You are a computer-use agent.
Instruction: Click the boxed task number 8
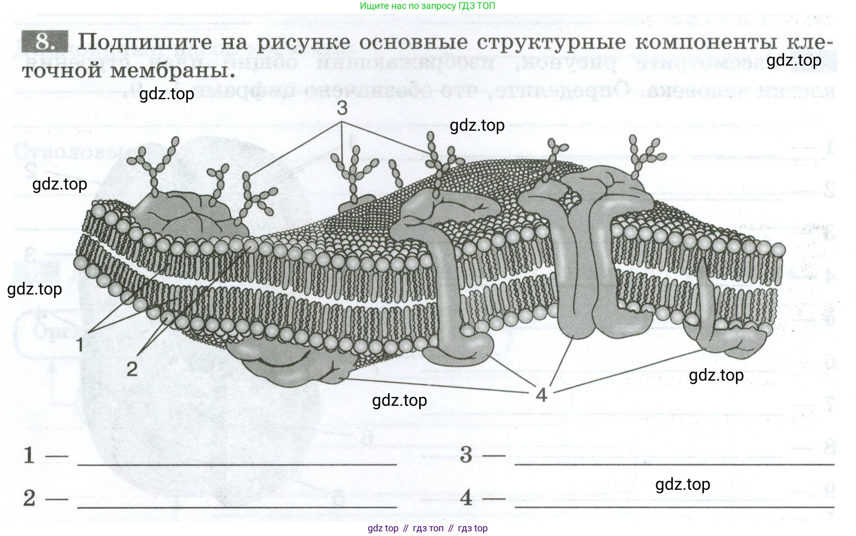click(45, 42)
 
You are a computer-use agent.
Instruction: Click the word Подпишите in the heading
click(145, 42)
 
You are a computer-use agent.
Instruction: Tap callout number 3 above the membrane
click(342, 108)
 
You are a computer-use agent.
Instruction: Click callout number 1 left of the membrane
click(80, 345)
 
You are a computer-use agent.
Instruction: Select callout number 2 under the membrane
click(132, 369)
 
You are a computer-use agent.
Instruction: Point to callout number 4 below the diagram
click(541, 394)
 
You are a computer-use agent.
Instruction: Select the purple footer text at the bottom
click(427, 528)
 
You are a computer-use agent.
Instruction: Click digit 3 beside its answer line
click(466, 455)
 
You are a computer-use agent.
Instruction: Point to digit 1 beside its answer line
click(29, 455)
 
